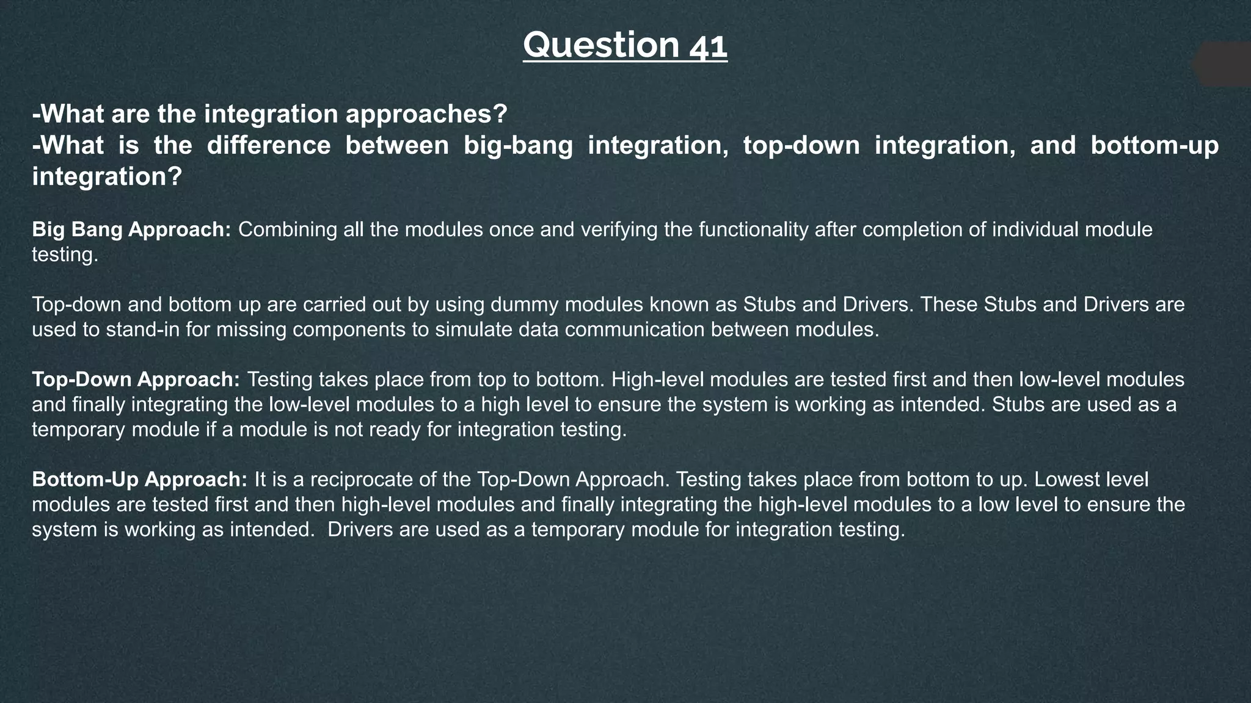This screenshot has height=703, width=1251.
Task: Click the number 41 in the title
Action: (x=708, y=46)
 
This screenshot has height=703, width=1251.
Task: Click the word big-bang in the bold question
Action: (x=518, y=146)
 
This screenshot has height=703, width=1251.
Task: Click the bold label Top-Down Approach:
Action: (x=136, y=380)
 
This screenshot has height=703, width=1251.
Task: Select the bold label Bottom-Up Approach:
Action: (x=139, y=480)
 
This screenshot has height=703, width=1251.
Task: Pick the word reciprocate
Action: (x=362, y=480)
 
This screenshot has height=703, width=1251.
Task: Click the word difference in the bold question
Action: (x=269, y=146)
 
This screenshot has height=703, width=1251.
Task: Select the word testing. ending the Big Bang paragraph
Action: (x=65, y=255)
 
